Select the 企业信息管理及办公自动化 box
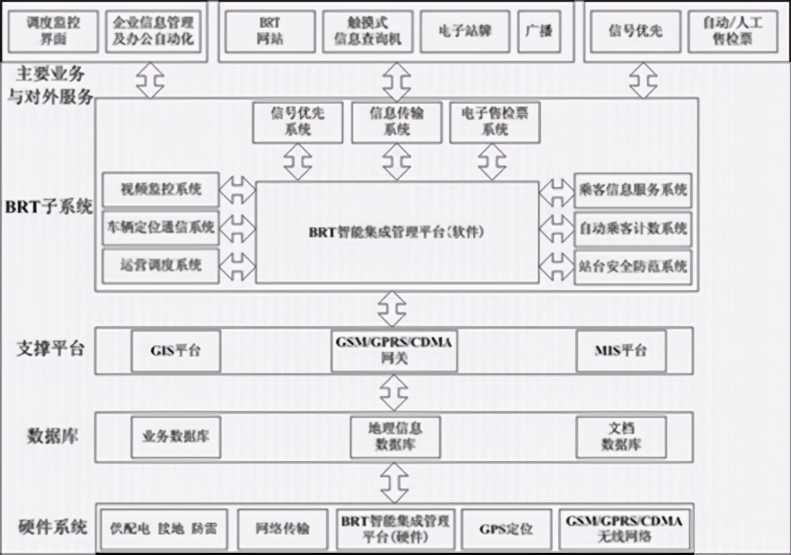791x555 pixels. [x=153, y=31]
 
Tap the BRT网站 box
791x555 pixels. [x=270, y=31]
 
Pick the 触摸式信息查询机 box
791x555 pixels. [x=367, y=31]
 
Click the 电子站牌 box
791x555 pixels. [x=465, y=31]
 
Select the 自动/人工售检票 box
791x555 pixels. [x=732, y=31]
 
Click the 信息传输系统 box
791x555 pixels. [x=396, y=122]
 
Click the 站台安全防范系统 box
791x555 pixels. [x=633, y=267]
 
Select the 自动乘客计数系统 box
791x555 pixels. [x=633, y=228]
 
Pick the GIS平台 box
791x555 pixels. [x=176, y=351]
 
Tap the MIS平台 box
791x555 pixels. [x=620, y=351]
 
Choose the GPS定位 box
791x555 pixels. [x=506, y=529]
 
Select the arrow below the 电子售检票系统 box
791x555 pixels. [x=493, y=161]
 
